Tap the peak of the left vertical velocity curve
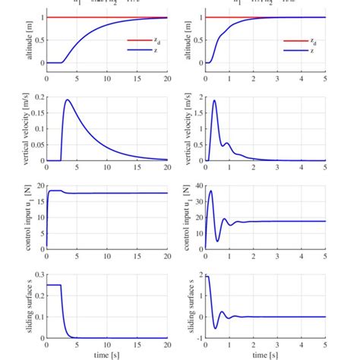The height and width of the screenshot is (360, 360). point(68,99)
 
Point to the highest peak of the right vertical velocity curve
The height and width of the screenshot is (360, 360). point(215,100)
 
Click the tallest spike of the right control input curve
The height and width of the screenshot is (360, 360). point(210,191)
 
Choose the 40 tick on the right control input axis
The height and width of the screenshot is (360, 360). point(196,185)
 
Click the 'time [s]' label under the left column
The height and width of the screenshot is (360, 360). point(106,354)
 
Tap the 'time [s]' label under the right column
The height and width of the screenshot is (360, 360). point(265,354)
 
